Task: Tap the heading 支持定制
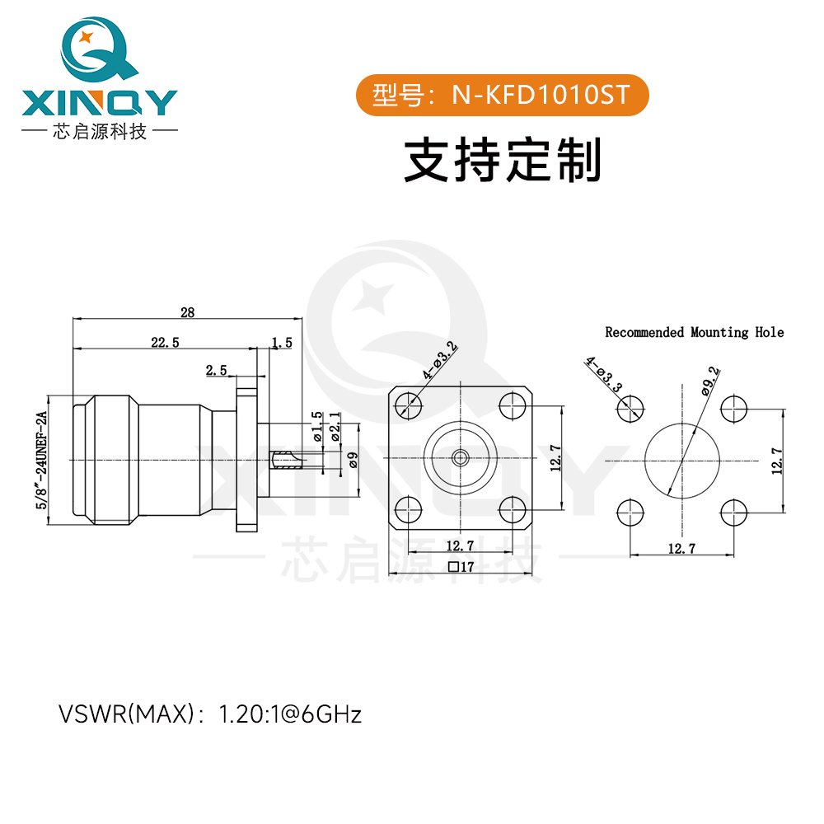502,159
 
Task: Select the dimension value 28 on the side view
188,312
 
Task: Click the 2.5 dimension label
217,371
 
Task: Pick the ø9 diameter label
353,461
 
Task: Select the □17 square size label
461,567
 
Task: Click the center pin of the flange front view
461,456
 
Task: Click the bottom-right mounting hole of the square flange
513,509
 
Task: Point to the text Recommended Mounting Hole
695,333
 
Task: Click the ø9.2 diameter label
711,381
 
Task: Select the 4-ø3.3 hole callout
602,373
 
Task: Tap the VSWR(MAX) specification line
210,714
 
